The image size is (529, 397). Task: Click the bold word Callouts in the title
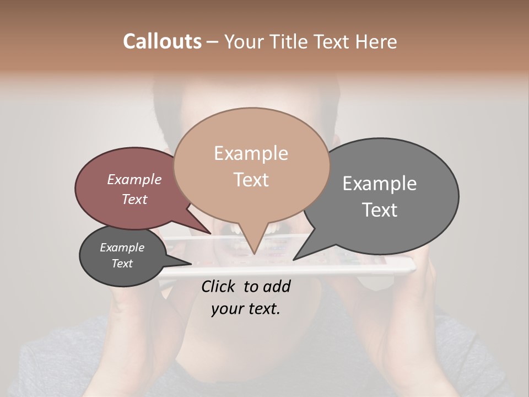162,41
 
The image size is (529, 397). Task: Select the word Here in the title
376,41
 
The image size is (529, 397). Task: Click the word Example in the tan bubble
251,153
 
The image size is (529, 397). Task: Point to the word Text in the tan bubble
251,179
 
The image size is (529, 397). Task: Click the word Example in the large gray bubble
379,184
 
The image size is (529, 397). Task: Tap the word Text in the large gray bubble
379,210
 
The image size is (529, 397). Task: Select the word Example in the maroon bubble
134,179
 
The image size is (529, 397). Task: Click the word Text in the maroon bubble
134,199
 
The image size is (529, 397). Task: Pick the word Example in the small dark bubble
122,248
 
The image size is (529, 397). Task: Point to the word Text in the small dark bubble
122,264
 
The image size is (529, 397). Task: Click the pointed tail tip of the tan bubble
254,254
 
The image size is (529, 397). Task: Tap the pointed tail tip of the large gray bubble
294,260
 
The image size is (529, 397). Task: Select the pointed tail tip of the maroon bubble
211,233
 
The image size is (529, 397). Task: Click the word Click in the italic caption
219,286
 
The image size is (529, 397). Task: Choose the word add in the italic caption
277,286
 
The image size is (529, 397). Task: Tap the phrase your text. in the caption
245,309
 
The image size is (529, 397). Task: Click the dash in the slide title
213,42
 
